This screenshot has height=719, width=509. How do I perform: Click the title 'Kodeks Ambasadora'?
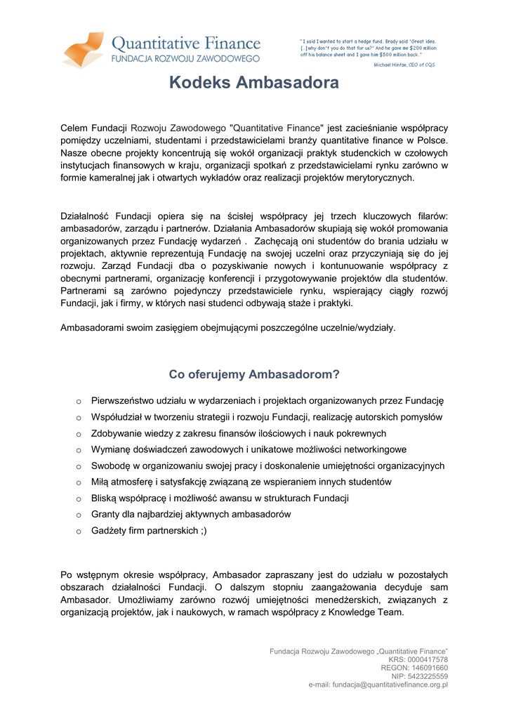[x=254, y=84]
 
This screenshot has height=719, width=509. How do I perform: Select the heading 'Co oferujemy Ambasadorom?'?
[x=254, y=374]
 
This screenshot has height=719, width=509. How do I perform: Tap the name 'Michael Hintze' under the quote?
[x=390, y=64]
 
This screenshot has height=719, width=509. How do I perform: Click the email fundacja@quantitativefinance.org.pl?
[x=390, y=685]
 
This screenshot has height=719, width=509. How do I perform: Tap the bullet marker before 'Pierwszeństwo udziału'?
[x=79, y=402]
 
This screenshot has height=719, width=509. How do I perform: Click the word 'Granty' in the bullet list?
[x=105, y=515]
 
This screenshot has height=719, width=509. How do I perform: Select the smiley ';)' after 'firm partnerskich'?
[x=203, y=531]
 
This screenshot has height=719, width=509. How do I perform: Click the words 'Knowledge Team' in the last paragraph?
[x=369, y=612]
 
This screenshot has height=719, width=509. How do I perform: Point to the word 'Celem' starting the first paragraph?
[x=73, y=128]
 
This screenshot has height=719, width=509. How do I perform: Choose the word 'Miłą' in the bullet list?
[x=101, y=482]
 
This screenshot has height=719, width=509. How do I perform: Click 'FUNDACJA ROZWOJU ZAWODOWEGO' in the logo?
[x=186, y=58]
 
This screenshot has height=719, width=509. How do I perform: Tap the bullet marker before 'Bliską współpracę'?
[x=79, y=499]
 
